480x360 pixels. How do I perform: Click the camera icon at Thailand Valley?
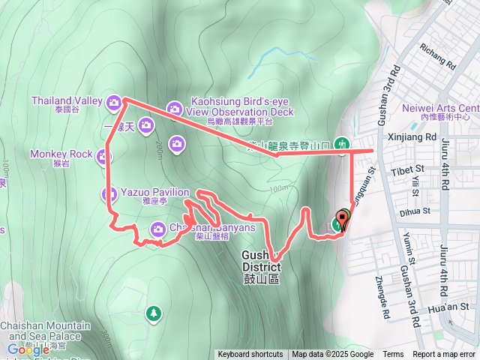(113, 101)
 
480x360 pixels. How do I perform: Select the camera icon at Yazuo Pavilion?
(108, 195)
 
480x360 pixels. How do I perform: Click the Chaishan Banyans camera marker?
(158, 228)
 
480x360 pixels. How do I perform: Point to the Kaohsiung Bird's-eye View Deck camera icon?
(174, 109)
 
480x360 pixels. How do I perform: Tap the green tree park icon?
(154, 311)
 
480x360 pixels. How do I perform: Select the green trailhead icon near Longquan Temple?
(342, 143)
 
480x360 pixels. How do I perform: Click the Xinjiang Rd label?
(412, 137)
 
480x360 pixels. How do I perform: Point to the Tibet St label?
(407, 171)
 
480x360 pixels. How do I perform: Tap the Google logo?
(28, 349)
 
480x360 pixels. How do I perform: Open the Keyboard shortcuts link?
(250, 355)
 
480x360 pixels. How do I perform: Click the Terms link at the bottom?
(393, 355)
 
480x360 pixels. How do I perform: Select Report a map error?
(445, 355)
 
